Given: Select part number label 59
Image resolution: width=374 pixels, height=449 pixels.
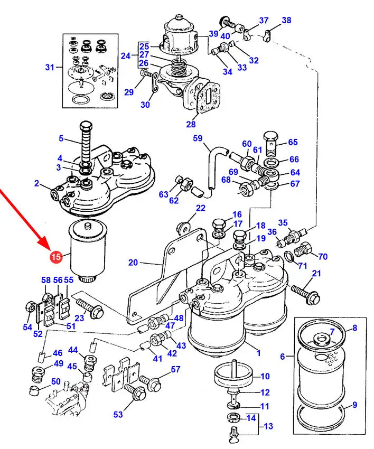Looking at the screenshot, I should coord(198,139).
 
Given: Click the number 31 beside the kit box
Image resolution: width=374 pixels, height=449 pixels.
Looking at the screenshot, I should coord(50,67).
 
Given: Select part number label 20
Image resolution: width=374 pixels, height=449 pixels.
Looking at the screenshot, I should coord(133,263).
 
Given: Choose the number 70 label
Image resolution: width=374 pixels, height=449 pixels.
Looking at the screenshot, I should coord(322,257).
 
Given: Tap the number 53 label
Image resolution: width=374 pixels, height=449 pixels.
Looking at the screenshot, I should coord(118,415).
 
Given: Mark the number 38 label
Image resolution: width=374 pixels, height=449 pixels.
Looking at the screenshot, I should coord(286,21).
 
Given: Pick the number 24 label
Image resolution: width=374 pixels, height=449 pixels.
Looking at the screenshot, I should coord(125,55).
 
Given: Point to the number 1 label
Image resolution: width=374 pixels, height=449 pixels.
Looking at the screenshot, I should coord(258,353).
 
